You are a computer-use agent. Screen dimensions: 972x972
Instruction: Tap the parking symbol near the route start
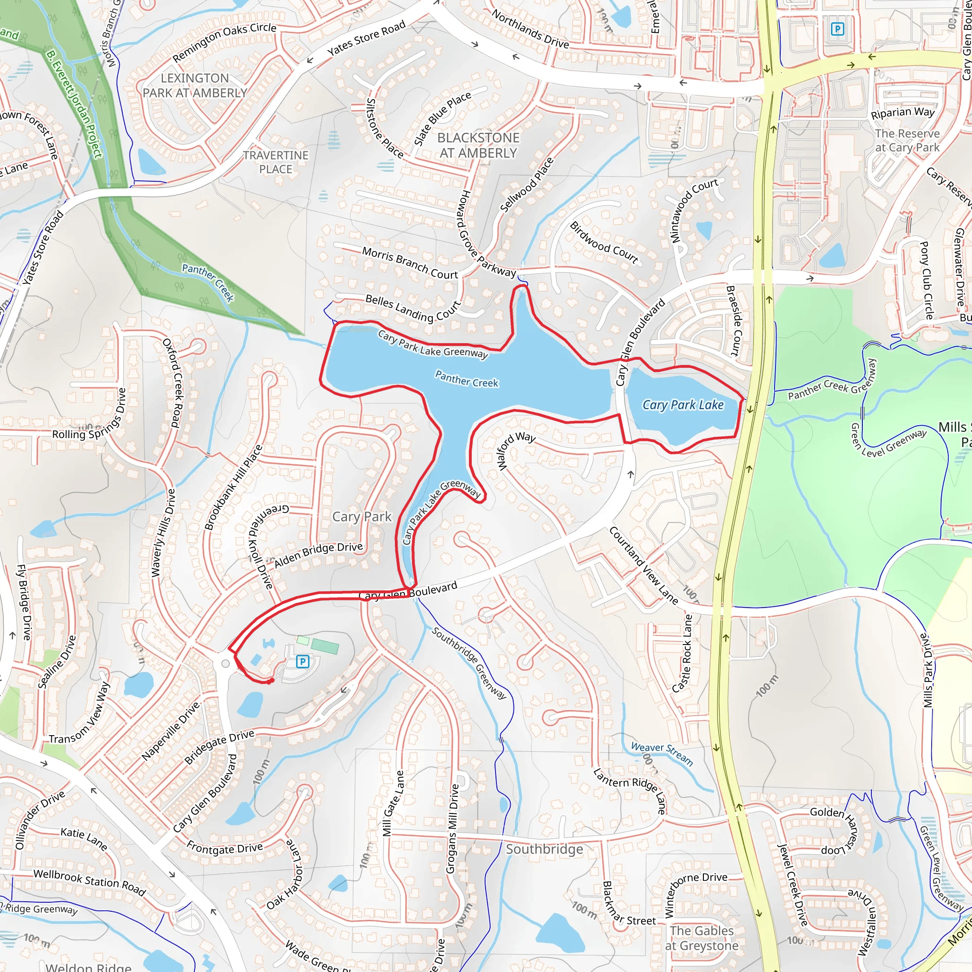coord(302,661)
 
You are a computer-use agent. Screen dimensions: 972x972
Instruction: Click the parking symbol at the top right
coord(837,29)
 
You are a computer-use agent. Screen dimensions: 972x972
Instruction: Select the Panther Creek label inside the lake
coord(467,379)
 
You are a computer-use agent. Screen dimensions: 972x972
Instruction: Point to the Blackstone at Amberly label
coord(478,145)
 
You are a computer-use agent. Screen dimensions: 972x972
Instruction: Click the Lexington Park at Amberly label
coord(195,85)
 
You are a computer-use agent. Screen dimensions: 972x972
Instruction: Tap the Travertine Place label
coord(276,162)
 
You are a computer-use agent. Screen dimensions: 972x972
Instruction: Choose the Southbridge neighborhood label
coord(544,849)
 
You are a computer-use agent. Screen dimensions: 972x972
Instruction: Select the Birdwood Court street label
coord(604,243)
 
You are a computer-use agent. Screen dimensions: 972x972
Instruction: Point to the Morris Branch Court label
coord(410,262)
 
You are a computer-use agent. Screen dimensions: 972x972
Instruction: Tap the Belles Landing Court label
coord(413,308)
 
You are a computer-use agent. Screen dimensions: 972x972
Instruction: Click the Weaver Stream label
coord(662,753)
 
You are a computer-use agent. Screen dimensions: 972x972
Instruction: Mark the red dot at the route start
coord(271,681)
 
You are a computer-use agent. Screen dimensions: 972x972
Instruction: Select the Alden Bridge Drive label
coord(318,554)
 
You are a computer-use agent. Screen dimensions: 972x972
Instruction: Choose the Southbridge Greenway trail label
coord(469,663)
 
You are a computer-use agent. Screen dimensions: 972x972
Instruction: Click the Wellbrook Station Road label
coord(90,882)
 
